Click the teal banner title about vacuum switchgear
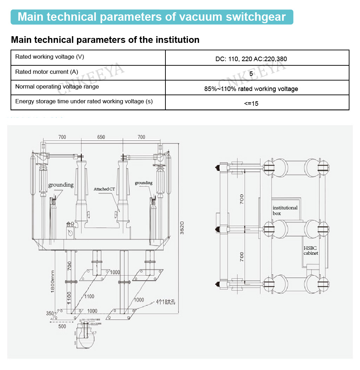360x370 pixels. [x=151, y=17]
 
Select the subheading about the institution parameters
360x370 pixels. [x=105, y=40]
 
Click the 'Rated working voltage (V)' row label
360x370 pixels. [x=50, y=57]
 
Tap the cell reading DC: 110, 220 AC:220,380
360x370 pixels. [x=251, y=59]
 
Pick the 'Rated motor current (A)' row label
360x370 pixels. [x=47, y=72]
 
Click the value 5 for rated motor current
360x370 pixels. [x=251, y=74]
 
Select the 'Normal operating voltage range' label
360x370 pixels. [x=57, y=87]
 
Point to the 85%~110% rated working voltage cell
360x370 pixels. [x=251, y=89]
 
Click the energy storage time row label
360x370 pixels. [x=84, y=102]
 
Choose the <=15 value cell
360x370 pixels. [x=251, y=103]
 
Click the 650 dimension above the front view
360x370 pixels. [x=101, y=137]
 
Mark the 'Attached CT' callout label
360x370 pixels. [x=104, y=189]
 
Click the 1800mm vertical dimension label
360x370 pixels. [x=52, y=281]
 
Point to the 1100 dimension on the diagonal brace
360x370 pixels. [x=89, y=297]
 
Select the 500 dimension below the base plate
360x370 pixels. [x=62, y=326]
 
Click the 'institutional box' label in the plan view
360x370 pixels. [x=285, y=210]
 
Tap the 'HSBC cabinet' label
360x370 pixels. [x=311, y=251]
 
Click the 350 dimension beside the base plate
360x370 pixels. [x=50, y=313]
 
